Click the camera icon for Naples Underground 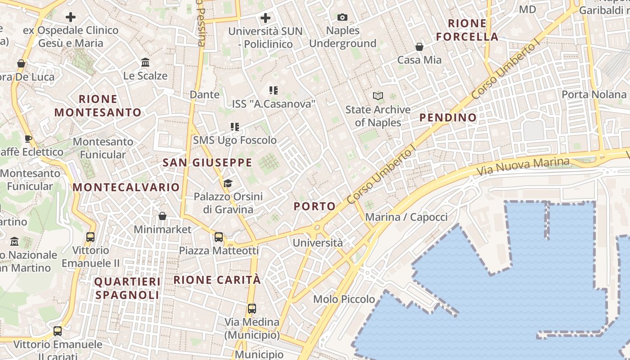point(342,18)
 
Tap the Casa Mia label point(419,60)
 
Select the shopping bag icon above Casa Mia point(419,46)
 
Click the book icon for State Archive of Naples point(378,96)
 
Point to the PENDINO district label point(448,118)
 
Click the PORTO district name point(315,207)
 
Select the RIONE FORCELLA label point(467,30)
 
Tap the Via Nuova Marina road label point(522,166)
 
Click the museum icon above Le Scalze point(145,62)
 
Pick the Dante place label point(205,94)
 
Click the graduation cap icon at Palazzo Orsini point(228,183)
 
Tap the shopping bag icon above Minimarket point(162,216)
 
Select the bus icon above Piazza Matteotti point(219,237)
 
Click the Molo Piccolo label point(344,299)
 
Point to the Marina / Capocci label point(406,217)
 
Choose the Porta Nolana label point(594,94)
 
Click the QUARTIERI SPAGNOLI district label point(127,288)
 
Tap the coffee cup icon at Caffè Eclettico point(28,139)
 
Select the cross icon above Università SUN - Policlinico point(265,18)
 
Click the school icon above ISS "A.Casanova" point(273,90)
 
